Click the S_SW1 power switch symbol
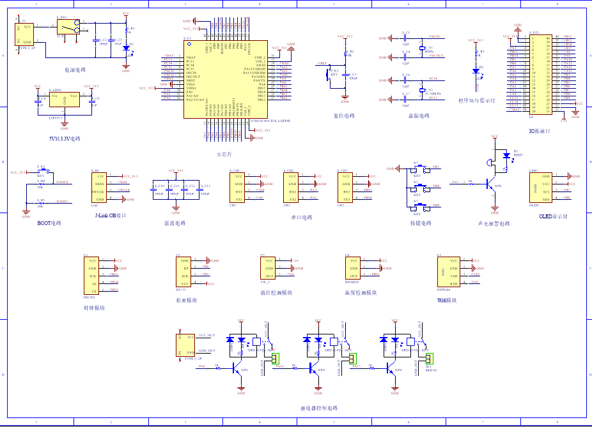pos(68,27)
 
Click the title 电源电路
pos(75,70)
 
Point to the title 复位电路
pos(344,116)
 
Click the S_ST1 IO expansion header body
pos(540,73)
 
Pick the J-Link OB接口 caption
pos(110,216)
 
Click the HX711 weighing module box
pos(184,272)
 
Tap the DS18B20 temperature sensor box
pos(354,268)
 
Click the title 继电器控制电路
pos(318,408)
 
